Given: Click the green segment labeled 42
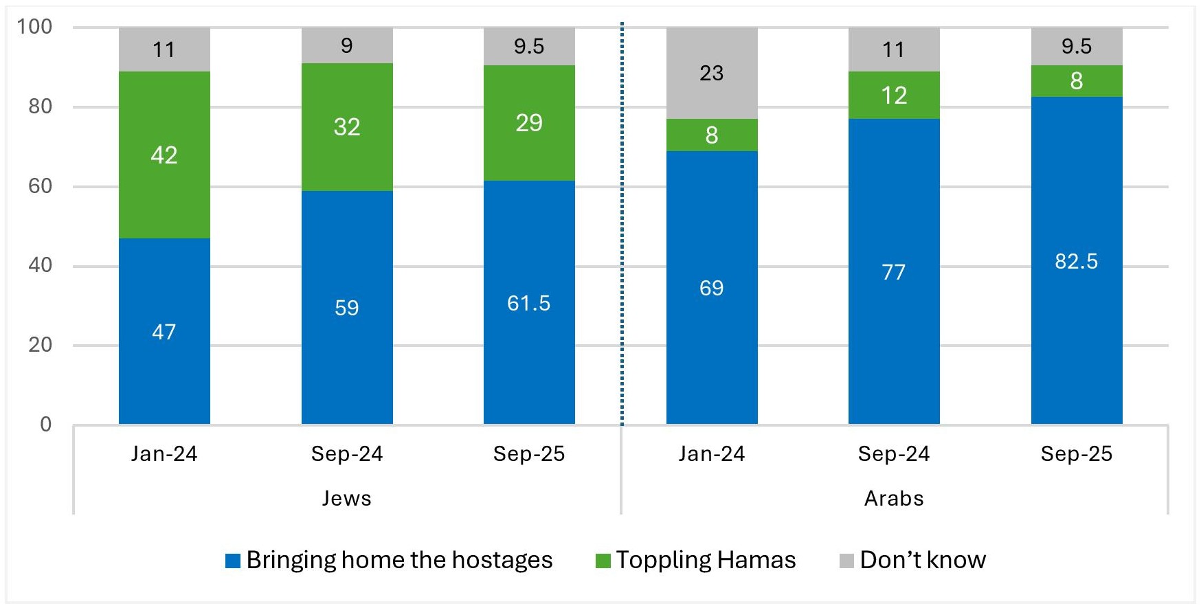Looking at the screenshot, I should click(164, 155).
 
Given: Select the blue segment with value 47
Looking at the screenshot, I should click(164, 331).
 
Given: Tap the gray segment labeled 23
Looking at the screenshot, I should click(712, 74).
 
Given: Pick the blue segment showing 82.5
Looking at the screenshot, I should click(1077, 261).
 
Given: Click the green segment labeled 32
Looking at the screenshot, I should click(347, 127).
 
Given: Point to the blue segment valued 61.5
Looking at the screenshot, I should click(529, 302).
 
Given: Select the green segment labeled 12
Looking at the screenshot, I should click(894, 95).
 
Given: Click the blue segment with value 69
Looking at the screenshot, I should click(712, 287).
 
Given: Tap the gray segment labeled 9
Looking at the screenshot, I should click(347, 45).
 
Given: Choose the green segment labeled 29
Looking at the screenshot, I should click(529, 123).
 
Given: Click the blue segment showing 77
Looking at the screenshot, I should click(894, 272).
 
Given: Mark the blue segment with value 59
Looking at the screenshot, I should click(347, 307).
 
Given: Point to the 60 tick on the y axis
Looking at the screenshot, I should click(41, 186).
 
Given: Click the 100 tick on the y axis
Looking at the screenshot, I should click(34, 27).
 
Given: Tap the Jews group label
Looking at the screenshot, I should click(347, 498).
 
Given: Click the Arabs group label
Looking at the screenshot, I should click(894, 498).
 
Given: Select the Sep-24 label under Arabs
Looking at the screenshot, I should click(894, 454).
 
